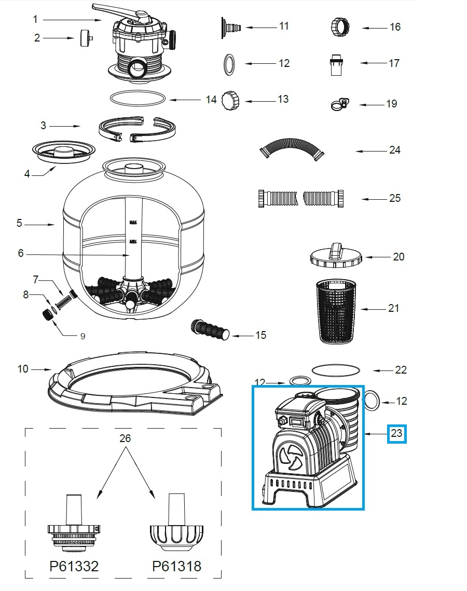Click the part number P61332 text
[x=74, y=566]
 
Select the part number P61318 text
[x=176, y=566]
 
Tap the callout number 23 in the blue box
[x=396, y=433]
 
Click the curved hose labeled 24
[x=292, y=149]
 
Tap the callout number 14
[x=211, y=99]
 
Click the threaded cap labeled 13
[x=231, y=99]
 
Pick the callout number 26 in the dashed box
[x=125, y=438]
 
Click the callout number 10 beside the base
[x=23, y=369]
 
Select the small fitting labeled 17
[x=337, y=64]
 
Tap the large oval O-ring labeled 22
[x=336, y=369]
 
